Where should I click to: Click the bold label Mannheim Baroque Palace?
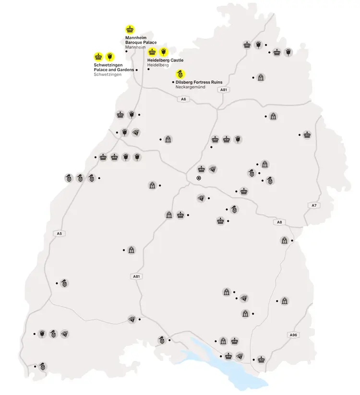(141, 40)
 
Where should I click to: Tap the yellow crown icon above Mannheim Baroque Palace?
(130, 29)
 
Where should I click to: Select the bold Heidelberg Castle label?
(165, 60)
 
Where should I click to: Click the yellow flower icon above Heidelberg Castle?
(163, 52)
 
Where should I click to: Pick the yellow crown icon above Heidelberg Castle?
(152, 52)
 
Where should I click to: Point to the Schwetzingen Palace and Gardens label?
(114, 67)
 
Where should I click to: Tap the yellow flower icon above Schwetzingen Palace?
(109, 56)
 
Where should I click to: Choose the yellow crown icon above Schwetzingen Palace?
(98, 56)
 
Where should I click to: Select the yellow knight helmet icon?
(180, 74)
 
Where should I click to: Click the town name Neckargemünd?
(191, 87)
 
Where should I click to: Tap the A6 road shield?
(182, 99)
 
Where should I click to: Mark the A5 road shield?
(59, 234)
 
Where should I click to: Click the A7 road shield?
(314, 205)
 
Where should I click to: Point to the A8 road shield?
(279, 222)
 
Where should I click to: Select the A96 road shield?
(294, 335)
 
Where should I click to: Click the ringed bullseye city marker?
(198, 178)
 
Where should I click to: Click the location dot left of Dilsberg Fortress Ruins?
(173, 82)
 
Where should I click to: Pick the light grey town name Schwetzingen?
(108, 75)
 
